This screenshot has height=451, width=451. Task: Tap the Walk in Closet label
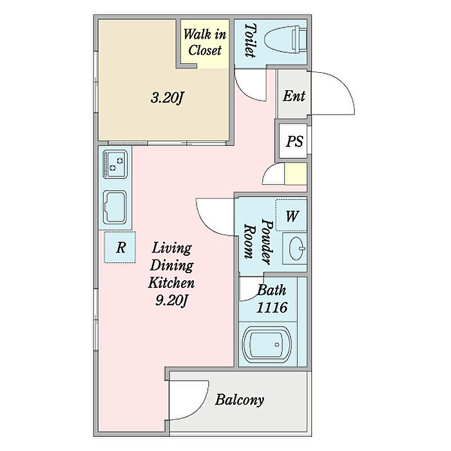pos(205,43)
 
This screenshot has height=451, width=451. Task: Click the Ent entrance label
pos(294,96)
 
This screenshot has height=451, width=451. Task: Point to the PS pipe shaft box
pos(293,141)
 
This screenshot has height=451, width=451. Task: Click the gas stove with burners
pos(115,164)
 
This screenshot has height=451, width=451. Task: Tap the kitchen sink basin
pos(115,207)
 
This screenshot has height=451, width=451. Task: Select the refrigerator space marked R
pos(120,247)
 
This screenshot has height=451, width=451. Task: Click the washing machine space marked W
pos(291,215)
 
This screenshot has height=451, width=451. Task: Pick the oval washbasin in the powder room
pos(297,248)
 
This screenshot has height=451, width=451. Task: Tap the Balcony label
pos(240,400)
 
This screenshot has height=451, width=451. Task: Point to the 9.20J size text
pos(171,301)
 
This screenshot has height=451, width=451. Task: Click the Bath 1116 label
pos(271,298)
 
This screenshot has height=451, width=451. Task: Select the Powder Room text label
pos(258,242)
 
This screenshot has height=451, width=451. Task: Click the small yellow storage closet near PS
pos(295,174)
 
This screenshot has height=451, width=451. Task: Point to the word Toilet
pos(250,40)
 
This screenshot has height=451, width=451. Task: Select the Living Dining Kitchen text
pos(171,265)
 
